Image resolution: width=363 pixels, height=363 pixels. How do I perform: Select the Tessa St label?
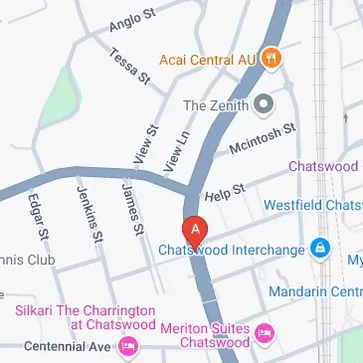[128, 65]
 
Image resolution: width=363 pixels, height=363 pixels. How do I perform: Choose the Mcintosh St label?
[263, 138]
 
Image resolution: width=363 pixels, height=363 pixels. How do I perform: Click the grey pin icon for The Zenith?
[264, 103]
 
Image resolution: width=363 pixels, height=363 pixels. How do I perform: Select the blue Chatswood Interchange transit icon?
[320, 249]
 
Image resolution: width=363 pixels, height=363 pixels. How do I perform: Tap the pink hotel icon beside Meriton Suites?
[264, 332]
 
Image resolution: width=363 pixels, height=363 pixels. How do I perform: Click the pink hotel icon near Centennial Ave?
[127, 346]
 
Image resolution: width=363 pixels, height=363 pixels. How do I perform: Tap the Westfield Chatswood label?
[312, 206]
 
